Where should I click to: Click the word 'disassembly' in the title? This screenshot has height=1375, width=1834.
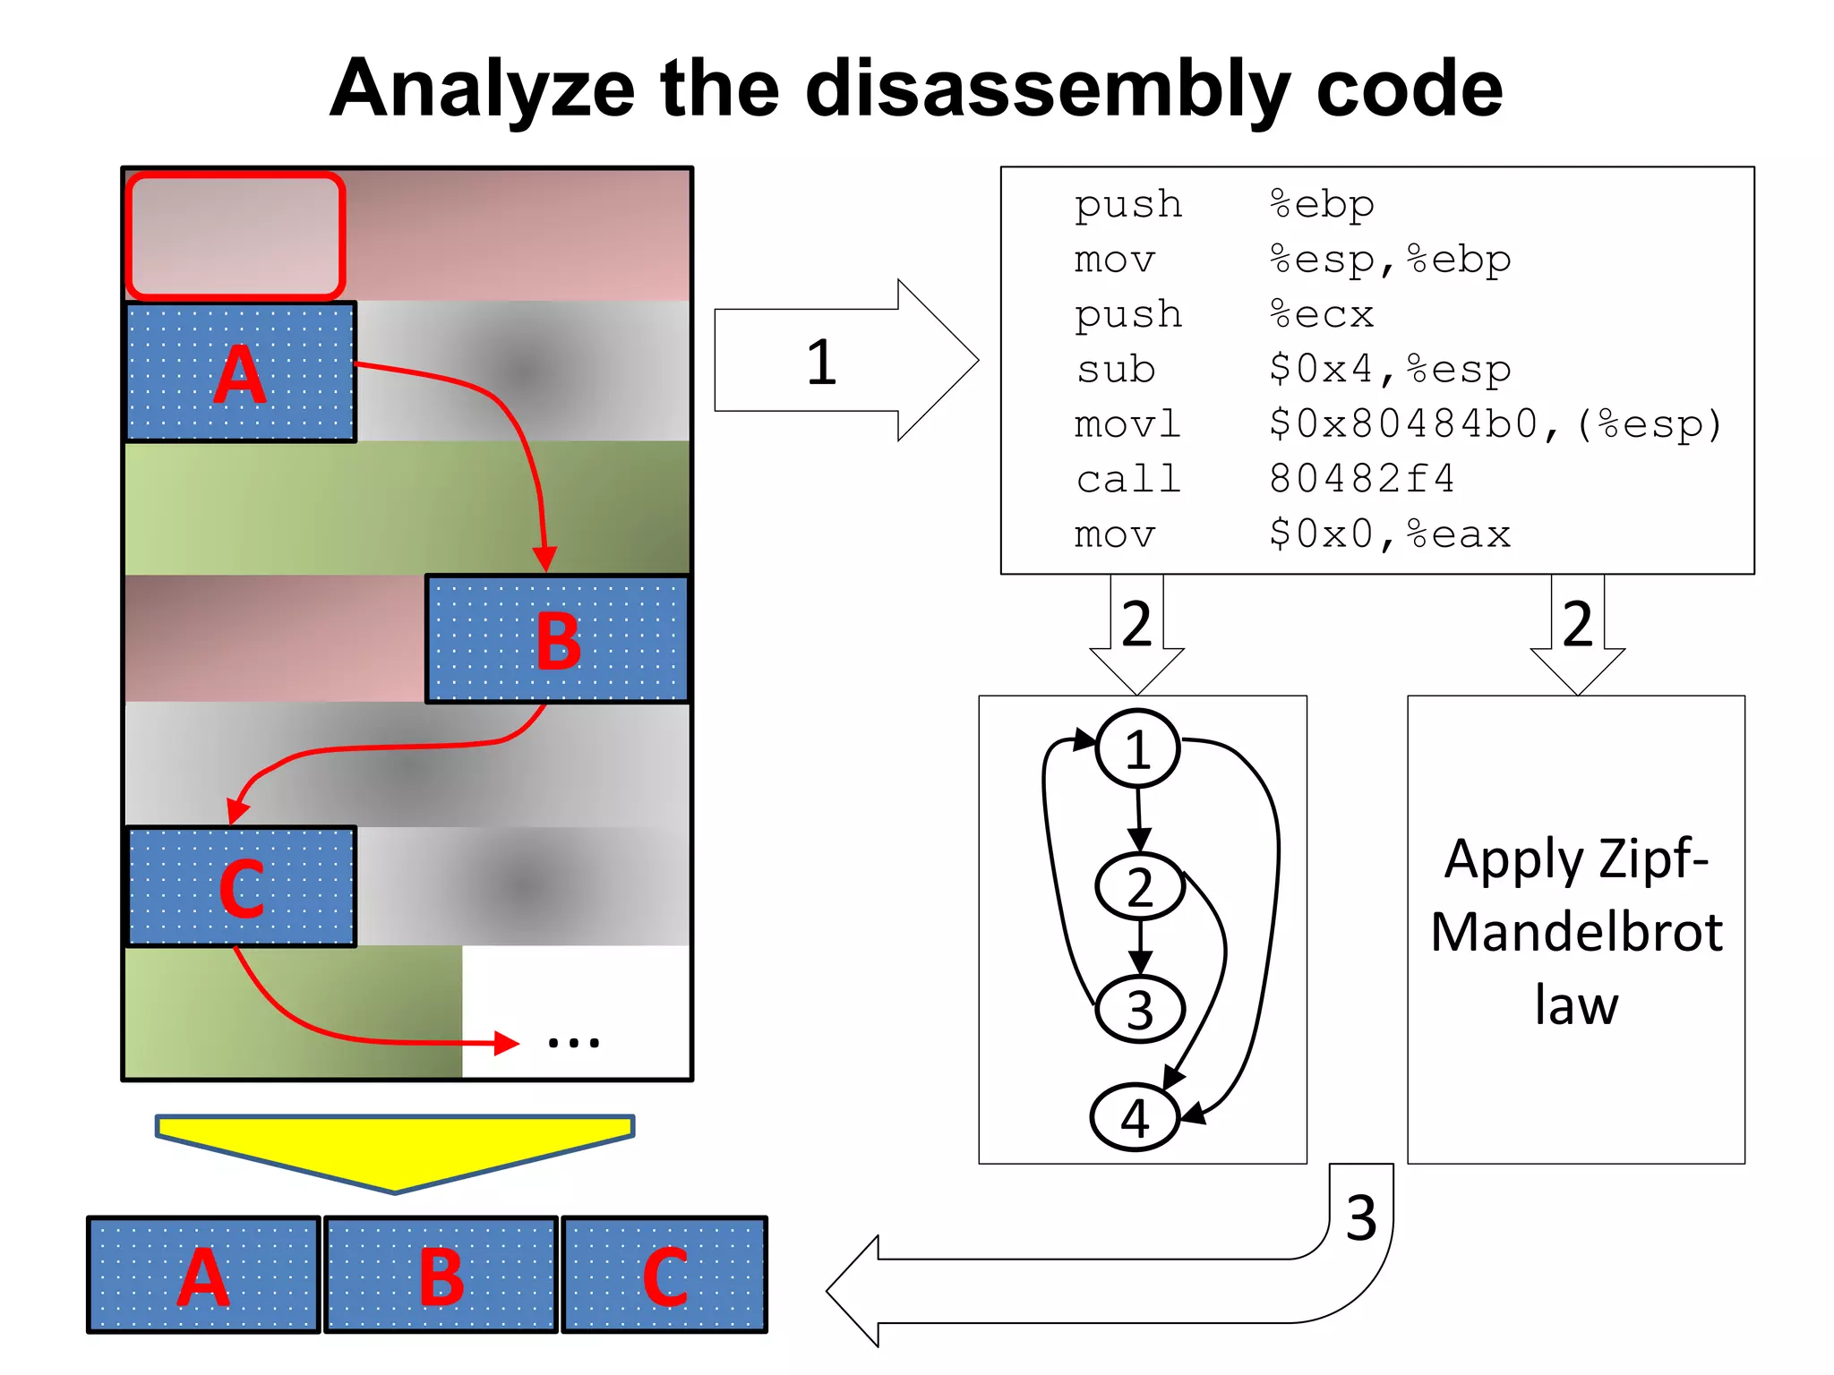pos(1048,90)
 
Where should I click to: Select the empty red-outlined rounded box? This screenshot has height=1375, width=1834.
pos(236,235)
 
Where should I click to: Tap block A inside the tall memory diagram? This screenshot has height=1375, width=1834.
pos(240,372)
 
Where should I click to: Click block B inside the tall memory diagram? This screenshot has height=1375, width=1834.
pos(557,639)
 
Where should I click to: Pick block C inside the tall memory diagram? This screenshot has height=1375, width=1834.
pos(241,886)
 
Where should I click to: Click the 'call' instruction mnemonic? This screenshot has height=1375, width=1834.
pos(1128,479)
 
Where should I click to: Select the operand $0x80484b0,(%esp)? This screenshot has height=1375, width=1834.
pos(1495,424)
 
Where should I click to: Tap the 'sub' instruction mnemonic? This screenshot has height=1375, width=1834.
pos(1116,369)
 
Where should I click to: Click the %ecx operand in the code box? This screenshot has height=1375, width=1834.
pos(1322,314)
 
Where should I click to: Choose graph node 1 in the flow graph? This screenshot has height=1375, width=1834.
pos(1137,748)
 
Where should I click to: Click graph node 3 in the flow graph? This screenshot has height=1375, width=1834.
pos(1140,1009)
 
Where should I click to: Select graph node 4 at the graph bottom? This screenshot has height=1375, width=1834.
pos(1135,1117)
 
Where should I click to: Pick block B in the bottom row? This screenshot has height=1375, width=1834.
pos(441,1275)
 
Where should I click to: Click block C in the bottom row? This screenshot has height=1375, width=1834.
pos(664,1275)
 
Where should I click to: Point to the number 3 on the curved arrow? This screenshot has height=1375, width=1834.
pos(1360,1218)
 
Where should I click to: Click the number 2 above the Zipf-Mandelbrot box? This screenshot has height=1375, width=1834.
pos(1577,624)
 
